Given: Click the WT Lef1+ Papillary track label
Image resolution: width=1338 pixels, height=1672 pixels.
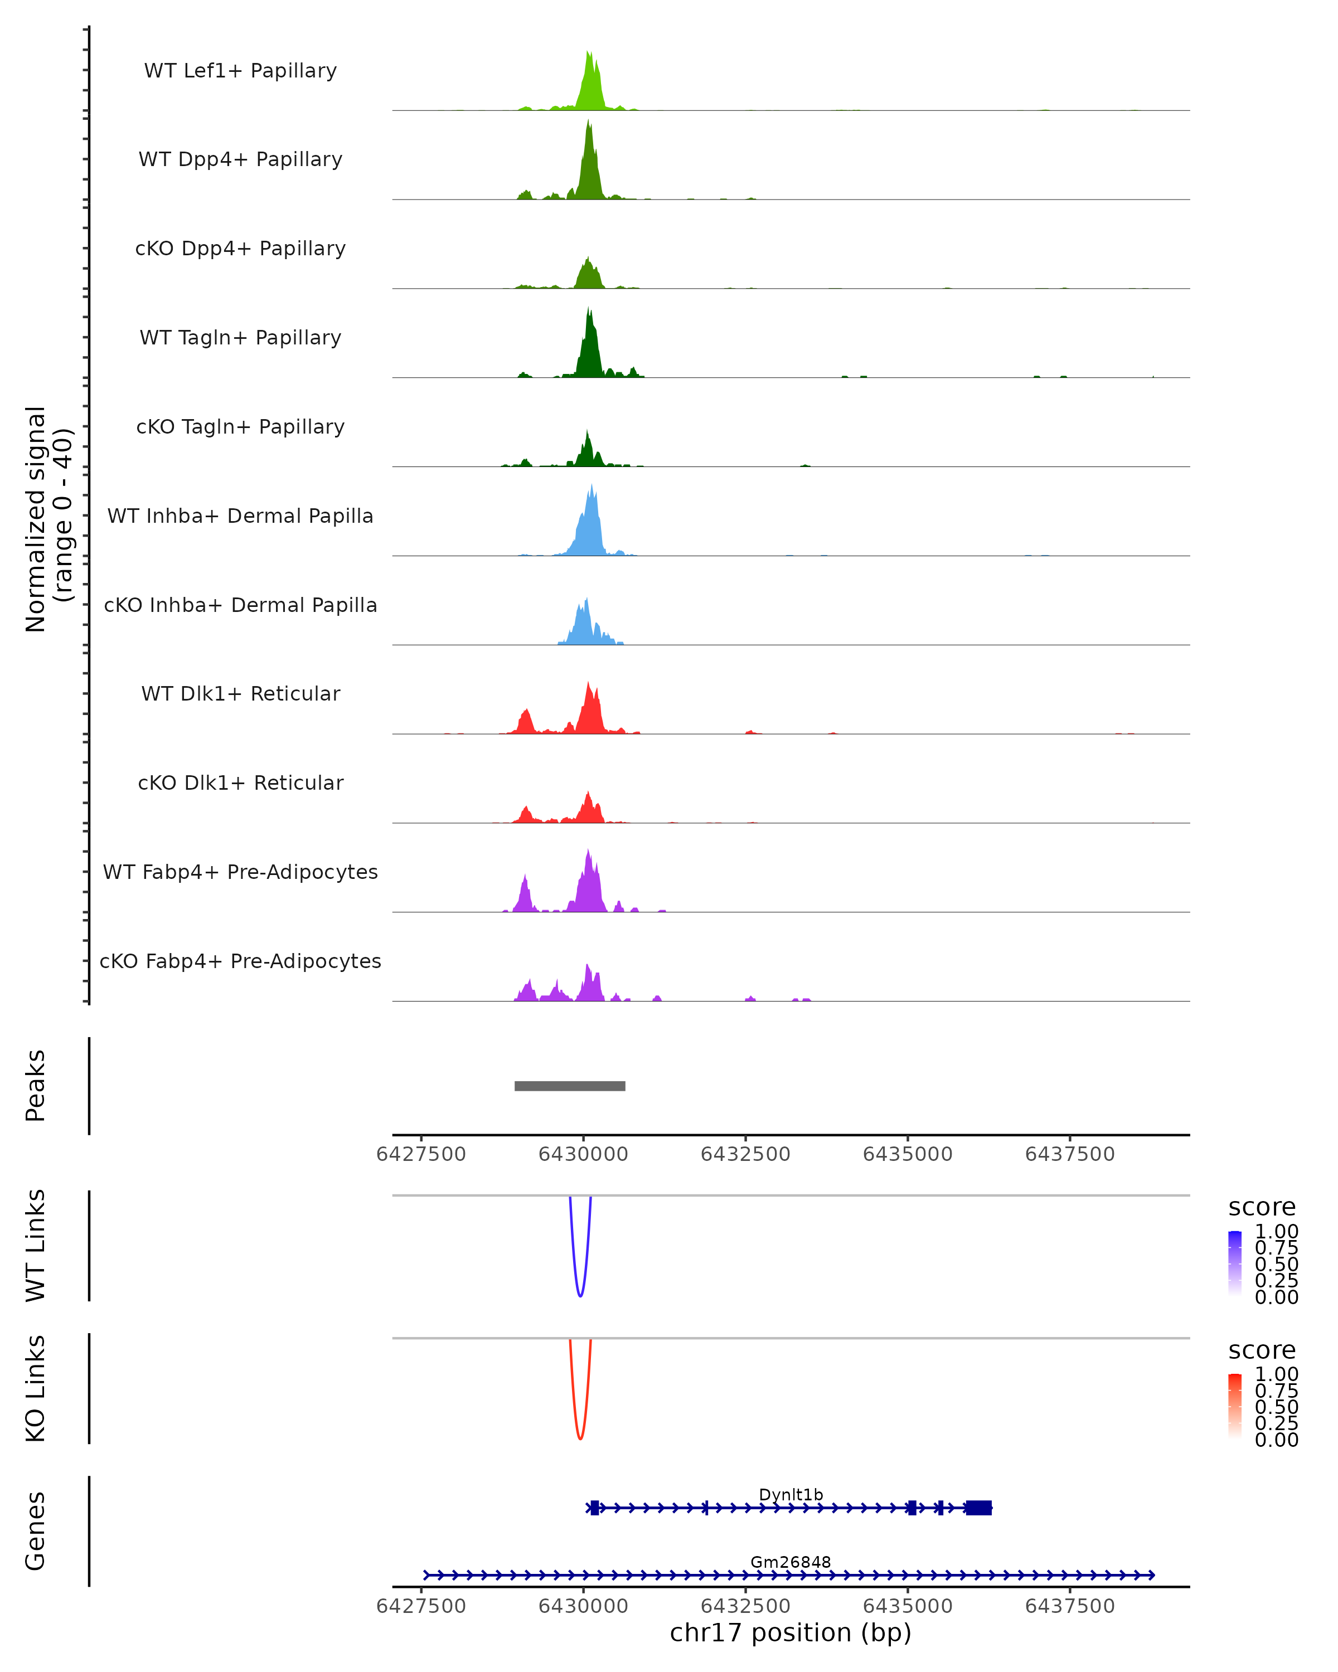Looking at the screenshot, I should pos(240,71).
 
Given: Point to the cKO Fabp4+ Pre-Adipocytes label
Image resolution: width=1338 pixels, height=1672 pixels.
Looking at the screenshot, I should pos(240,961).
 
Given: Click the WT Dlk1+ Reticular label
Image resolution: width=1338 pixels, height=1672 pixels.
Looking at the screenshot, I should pos(240,693).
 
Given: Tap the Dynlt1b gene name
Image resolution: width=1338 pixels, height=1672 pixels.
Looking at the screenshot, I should pos(791,1494).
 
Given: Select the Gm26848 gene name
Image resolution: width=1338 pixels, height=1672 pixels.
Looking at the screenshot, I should pos(791,1562).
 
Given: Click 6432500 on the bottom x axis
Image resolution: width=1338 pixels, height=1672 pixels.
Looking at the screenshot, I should pos(745,1605).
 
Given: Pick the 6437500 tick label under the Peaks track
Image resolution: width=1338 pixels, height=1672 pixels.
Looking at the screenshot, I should pos(1070,1154).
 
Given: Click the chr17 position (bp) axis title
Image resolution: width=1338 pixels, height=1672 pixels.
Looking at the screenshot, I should pos(791,1632).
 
